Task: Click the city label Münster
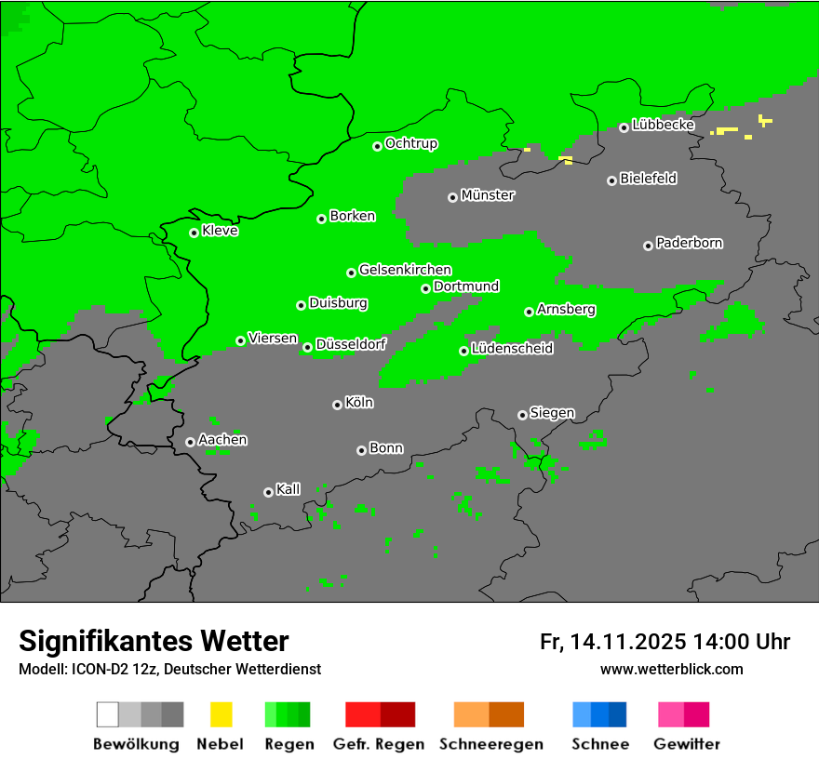point(488,195)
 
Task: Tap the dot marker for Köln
point(337,405)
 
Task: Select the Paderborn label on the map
point(690,244)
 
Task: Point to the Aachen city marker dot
point(190,442)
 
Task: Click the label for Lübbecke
point(664,125)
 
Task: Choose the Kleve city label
point(221,231)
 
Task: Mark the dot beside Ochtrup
point(377,146)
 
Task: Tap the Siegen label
point(552,413)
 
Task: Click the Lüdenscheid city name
point(513,349)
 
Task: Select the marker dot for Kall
point(268,492)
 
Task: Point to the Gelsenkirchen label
point(405,271)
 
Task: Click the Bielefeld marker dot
point(611,180)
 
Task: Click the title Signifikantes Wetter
point(154,642)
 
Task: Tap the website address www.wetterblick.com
point(671,670)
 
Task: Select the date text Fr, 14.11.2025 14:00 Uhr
point(665,642)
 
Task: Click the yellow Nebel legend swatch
point(221,714)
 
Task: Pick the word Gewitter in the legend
point(687,744)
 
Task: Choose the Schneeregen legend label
point(490,744)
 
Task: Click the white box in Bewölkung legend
point(108,714)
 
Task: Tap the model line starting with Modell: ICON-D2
point(169,670)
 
